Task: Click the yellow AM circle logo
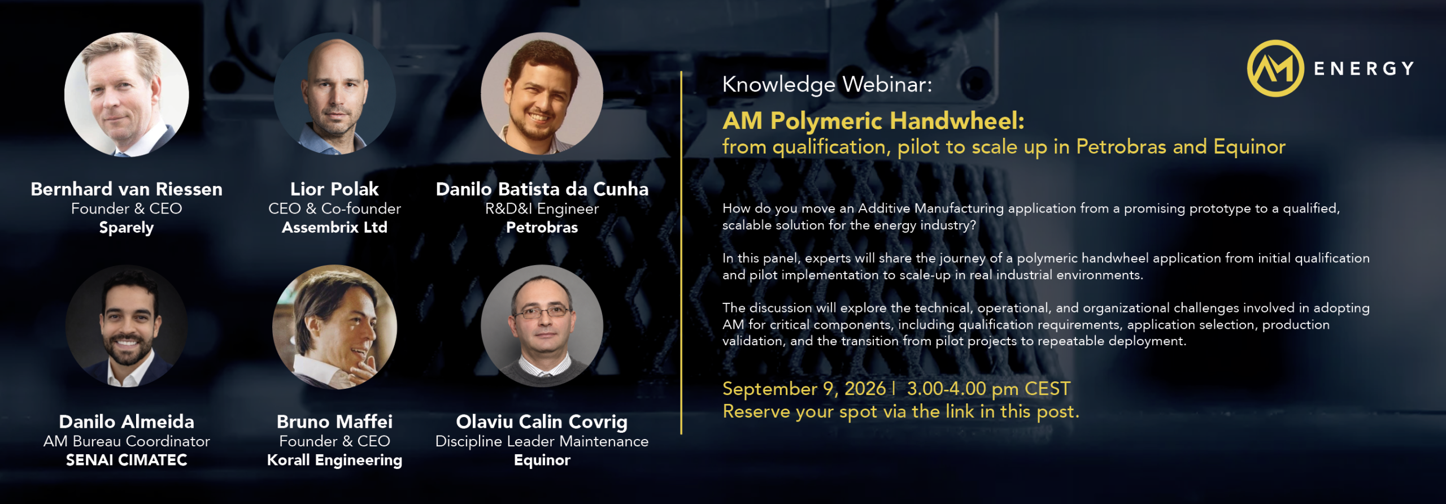[x=1275, y=68]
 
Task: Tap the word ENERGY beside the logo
[x=1364, y=69]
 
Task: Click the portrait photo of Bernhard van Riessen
[x=127, y=94]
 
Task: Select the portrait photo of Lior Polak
[x=335, y=94]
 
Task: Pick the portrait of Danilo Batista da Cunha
[x=542, y=94]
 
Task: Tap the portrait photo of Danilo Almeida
[x=127, y=327]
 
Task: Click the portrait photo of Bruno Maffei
[x=335, y=327]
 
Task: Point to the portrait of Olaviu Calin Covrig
[x=542, y=326]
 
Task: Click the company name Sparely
[x=127, y=228]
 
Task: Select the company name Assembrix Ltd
[x=335, y=227]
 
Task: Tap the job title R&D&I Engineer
[x=542, y=208]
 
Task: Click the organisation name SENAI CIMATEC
[x=127, y=460]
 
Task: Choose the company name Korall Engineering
[x=335, y=460]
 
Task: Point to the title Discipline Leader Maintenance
[x=542, y=441]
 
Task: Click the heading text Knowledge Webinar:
[x=827, y=85]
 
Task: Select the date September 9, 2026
[x=804, y=389]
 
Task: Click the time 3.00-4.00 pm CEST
[x=988, y=389]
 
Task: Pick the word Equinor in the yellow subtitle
[x=1249, y=147]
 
